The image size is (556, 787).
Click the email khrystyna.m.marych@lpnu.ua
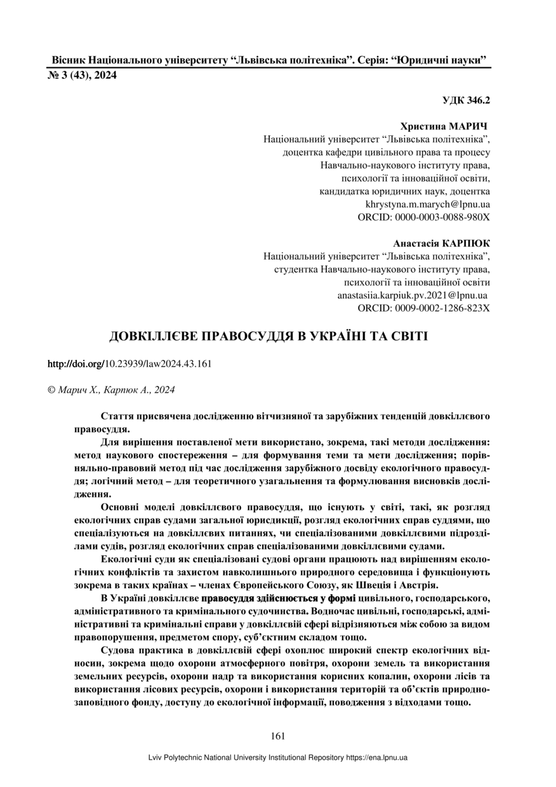(428, 204)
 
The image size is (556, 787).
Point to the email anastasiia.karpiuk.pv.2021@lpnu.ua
(413, 295)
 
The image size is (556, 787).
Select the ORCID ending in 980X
(424, 217)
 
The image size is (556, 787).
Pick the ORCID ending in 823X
(424, 308)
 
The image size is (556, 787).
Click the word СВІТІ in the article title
(407, 336)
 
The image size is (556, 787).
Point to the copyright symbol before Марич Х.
(52, 390)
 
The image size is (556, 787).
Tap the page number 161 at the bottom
(277, 736)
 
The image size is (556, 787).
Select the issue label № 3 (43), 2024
(83, 76)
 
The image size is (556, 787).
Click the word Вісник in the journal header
(69, 61)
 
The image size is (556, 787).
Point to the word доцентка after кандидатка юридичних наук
(468, 191)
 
